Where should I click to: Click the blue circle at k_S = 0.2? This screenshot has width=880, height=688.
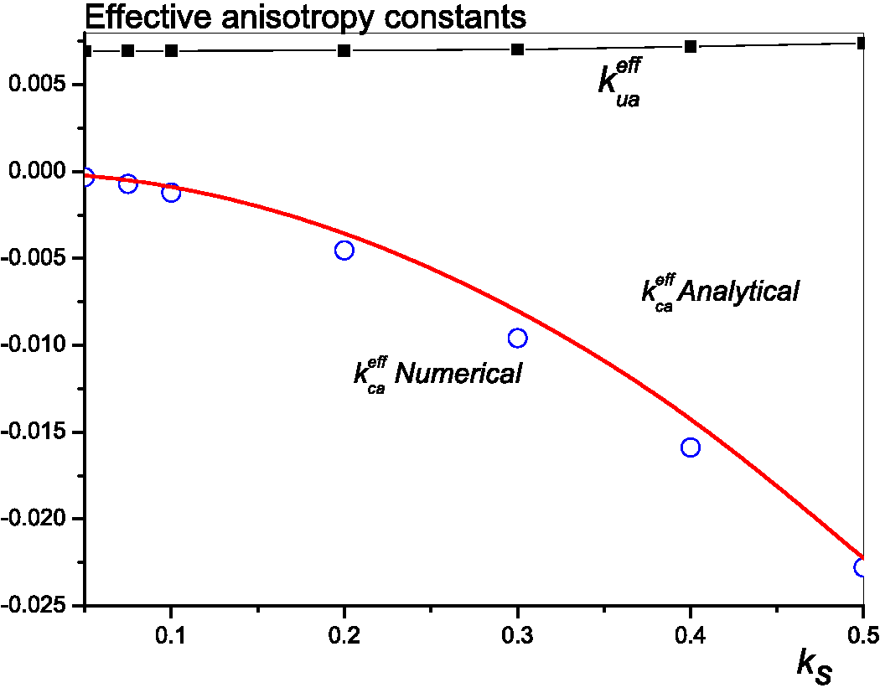[344, 250]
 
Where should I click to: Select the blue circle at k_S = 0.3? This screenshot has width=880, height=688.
[517, 338]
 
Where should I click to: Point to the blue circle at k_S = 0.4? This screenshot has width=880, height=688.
[691, 447]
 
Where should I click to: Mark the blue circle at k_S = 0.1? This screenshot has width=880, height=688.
[171, 192]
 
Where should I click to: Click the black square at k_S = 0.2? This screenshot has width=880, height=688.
[344, 51]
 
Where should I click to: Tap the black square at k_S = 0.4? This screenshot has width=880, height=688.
[691, 46]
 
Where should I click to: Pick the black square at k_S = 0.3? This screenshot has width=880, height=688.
[517, 49]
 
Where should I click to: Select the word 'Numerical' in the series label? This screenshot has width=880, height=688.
[458, 374]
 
